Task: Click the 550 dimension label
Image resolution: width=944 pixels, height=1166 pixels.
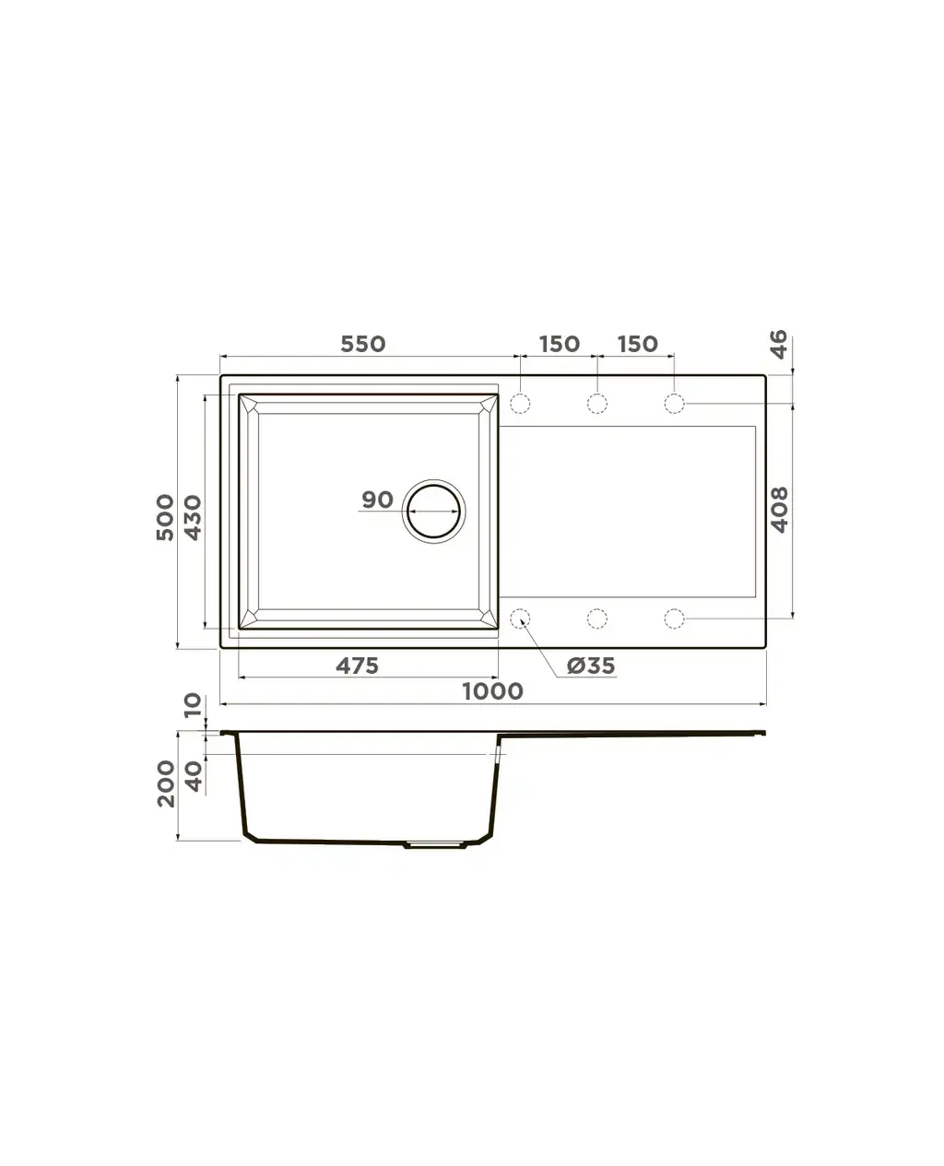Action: click(362, 345)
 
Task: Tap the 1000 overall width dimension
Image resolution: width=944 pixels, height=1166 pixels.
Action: click(492, 691)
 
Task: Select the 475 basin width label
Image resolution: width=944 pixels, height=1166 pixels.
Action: click(357, 665)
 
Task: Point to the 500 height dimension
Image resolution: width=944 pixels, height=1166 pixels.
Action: click(165, 517)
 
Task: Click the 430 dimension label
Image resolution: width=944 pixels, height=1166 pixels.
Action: click(192, 517)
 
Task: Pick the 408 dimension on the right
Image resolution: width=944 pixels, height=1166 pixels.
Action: click(779, 509)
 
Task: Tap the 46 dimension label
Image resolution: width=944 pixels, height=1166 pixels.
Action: click(779, 344)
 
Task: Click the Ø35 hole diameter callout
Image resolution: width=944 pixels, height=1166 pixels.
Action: click(591, 665)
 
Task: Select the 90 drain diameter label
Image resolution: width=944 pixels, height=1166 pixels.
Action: click(377, 500)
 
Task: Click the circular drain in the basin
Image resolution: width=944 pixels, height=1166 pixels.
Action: click(433, 511)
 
